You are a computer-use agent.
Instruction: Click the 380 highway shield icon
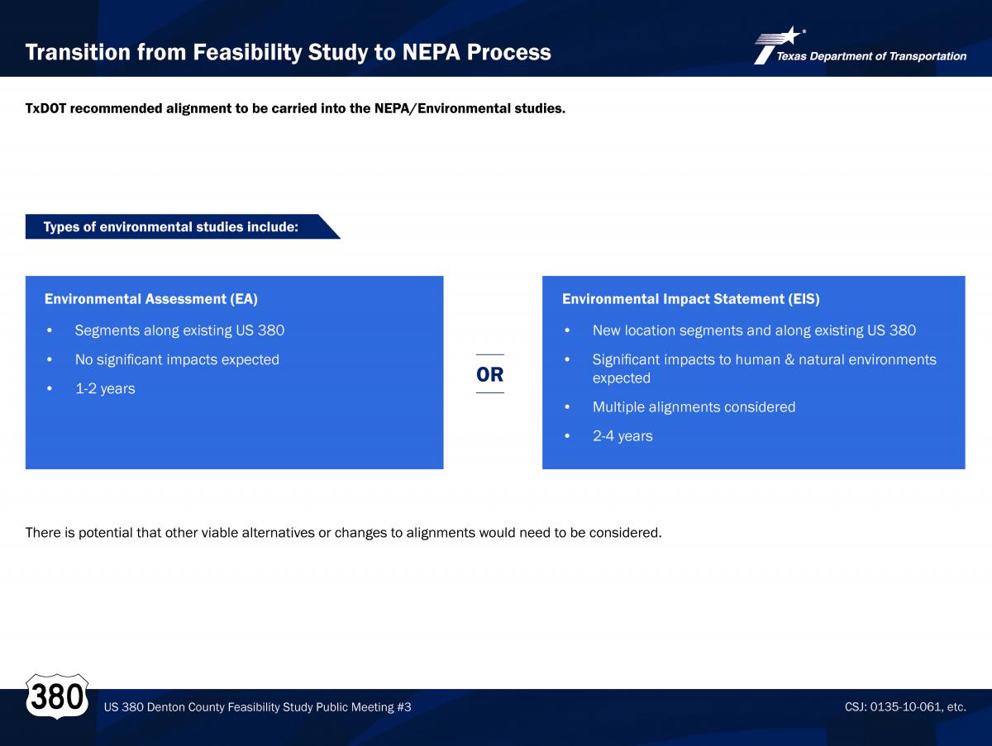(57, 696)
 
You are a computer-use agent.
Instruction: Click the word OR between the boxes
(490, 374)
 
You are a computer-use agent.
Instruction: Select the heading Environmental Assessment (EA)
(151, 299)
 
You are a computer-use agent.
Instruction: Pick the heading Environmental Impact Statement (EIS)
(690, 299)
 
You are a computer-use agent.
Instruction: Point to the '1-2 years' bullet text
(105, 389)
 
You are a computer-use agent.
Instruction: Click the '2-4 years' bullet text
(622, 436)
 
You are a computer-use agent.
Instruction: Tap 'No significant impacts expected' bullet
(177, 359)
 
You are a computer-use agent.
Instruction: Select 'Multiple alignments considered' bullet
(694, 406)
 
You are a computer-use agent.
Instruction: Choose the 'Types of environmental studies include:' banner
(183, 226)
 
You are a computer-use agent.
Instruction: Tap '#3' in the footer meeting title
(404, 706)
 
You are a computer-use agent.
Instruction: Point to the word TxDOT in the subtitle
(45, 108)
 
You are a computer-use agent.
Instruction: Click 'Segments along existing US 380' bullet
(179, 330)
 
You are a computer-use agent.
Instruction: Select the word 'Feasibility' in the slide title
(247, 52)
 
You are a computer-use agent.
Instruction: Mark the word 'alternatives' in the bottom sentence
(278, 533)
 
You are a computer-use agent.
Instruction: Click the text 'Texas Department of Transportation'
(871, 56)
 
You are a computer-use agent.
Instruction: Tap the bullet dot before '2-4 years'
(567, 436)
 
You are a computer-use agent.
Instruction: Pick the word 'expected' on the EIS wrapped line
(622, 378)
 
